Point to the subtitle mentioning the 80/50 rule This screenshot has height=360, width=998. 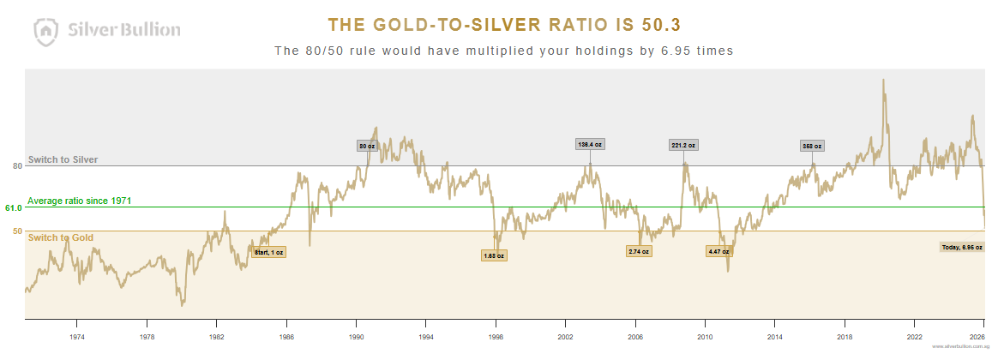(503, 51)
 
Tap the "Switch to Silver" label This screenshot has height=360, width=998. (63, 159)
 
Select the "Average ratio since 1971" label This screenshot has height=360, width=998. (79, 201)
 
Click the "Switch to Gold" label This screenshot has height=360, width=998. (61, 237)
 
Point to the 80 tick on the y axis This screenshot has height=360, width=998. (17, 166)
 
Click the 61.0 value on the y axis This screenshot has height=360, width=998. (13, 207)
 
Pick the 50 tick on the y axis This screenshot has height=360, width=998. (17, 231)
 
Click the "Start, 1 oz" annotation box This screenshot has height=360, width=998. (269, 252)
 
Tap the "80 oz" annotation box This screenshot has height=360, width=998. (367, 146)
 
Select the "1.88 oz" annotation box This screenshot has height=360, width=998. (495, 255)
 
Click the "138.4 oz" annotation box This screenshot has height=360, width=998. (591, 144)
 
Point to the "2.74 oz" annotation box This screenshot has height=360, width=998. (639, 251)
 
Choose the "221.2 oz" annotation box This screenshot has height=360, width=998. (684, 145)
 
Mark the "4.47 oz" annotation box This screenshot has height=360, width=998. (718, 251)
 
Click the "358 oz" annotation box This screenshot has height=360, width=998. (812, 146)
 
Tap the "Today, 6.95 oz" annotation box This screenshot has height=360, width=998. (961, 247)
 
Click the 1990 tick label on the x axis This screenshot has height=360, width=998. (356, 337)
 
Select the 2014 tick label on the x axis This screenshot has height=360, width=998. (775, 337)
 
